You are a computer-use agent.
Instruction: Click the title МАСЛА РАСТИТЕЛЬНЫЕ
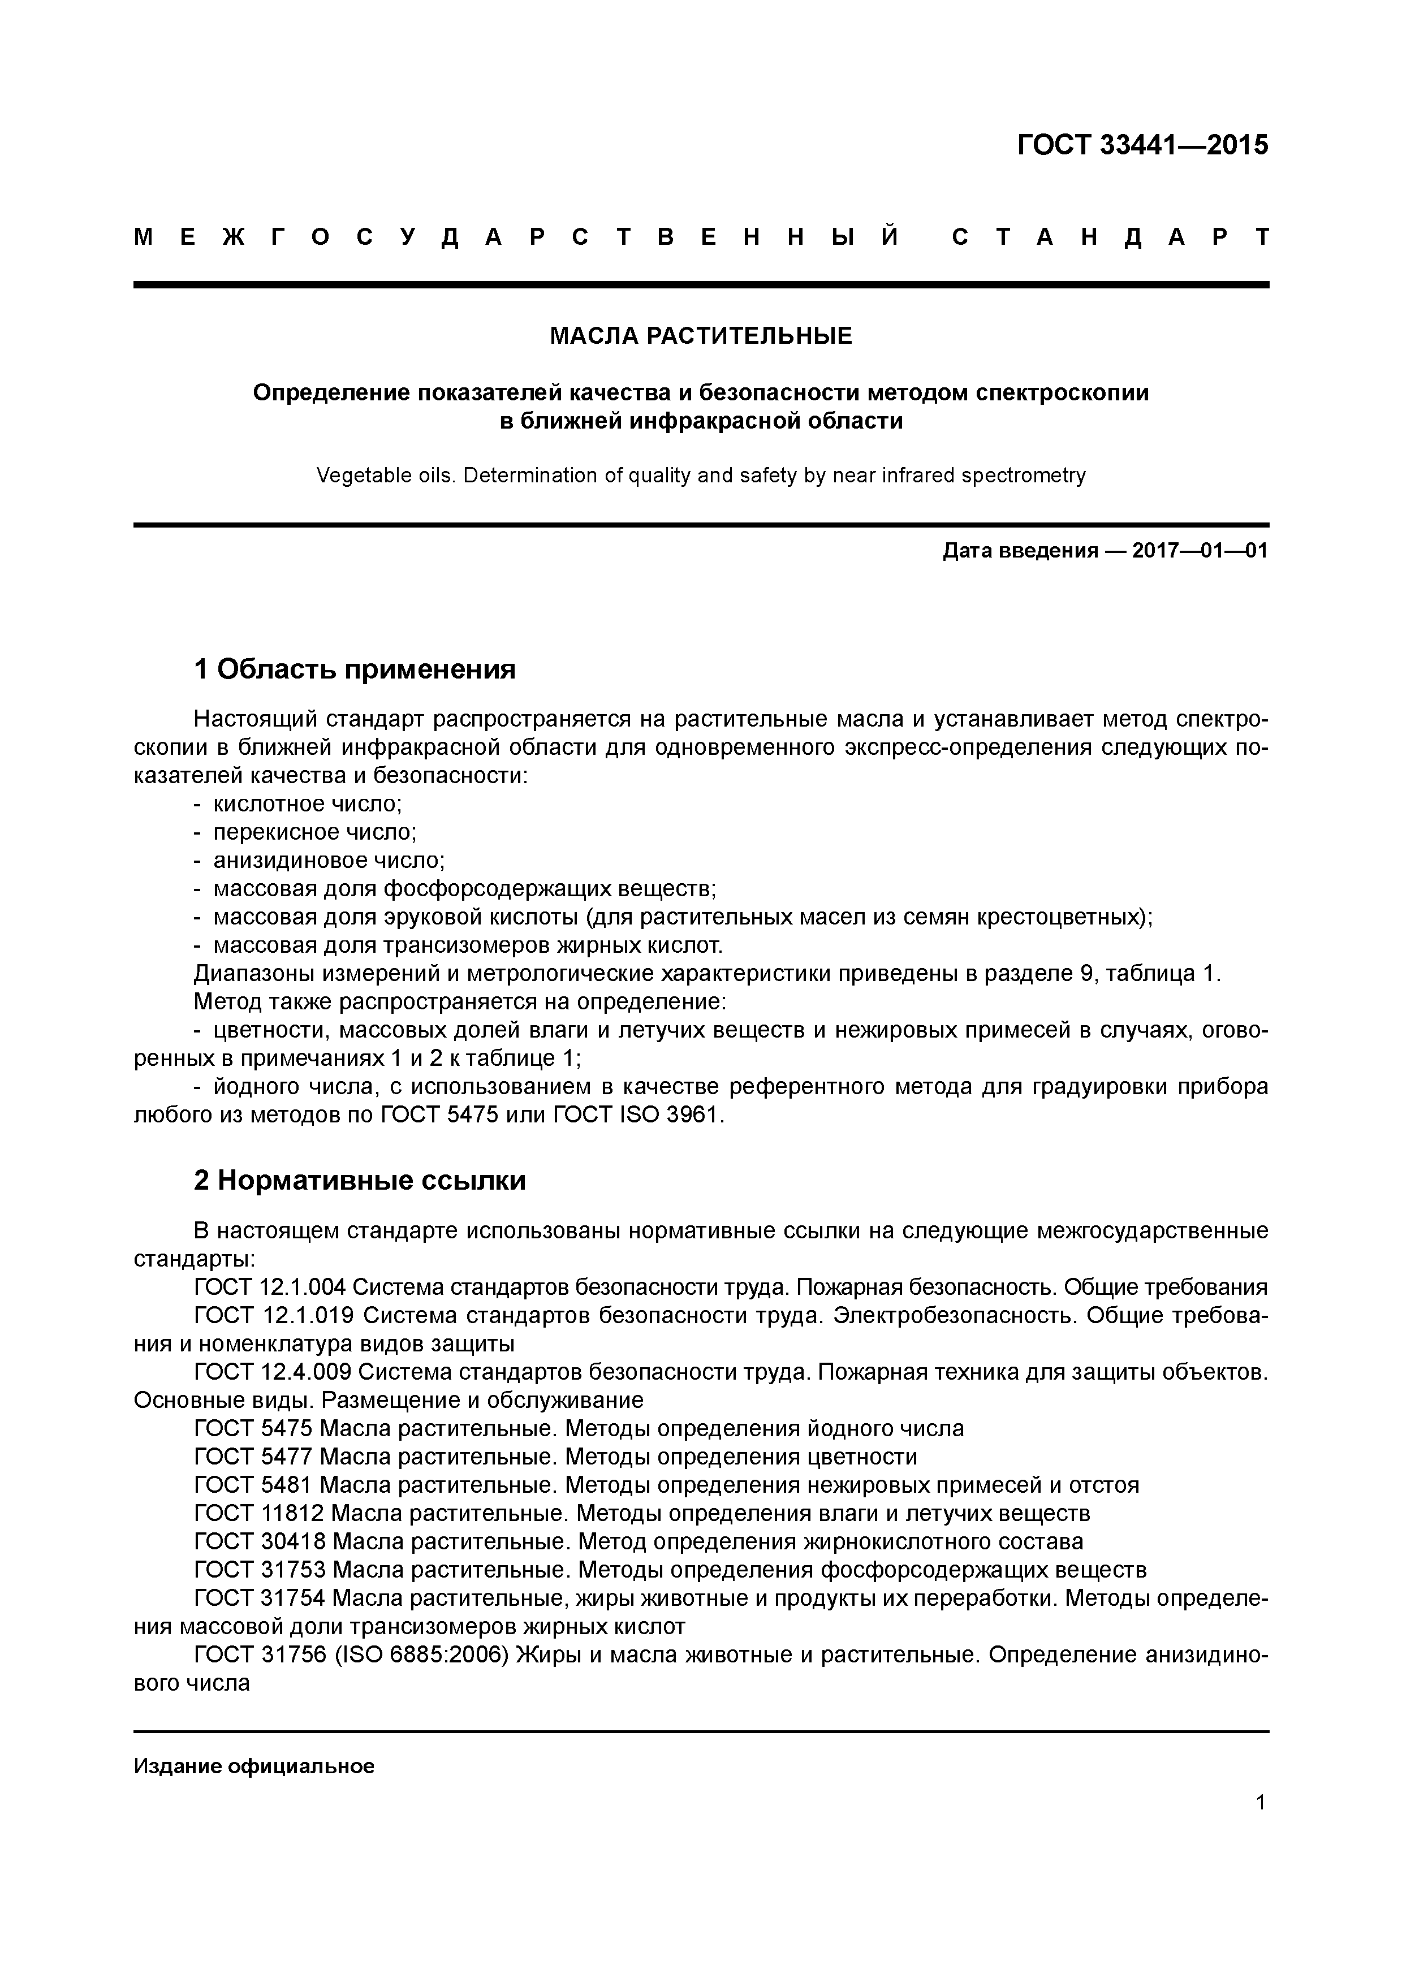pyautogui.click(x=701, y=336)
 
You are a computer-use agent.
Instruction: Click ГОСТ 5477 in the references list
pyautogui.click(x=254, y=1457)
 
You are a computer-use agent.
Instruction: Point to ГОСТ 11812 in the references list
pyautogui.click(x=259, y=1513)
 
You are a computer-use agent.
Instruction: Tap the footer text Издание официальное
pyautogui.click(x=254, y=1766)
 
